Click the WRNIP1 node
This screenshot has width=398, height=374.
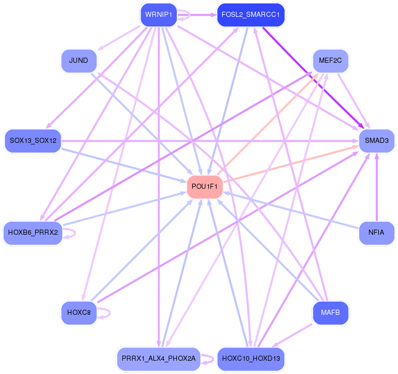click(x=158, y=15)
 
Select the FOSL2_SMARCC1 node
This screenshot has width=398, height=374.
click(x=251, y=15)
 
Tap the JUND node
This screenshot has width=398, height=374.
click(x=79, y=61)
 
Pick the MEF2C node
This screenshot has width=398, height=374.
click(x=331, y=61)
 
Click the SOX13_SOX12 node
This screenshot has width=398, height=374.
click(x=33, y=141)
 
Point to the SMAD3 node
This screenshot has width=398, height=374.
click(x=377, y=141)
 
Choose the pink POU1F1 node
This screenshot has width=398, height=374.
click(x=204, y=187)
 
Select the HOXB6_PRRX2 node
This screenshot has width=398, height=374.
click(x=33, y=233)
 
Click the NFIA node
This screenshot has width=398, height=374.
click(x=377, y=233)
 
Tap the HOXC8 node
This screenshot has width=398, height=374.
click(x=79, y=313)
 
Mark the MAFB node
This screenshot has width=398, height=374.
click(x=331, y=313)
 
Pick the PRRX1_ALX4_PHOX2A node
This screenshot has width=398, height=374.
click(x=158, y=359)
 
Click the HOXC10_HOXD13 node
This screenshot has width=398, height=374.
click(x=251, y=359)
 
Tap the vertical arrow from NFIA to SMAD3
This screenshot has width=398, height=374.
click(x=377, y=187)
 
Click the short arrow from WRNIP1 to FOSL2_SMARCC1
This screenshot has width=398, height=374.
click(x=197, y=15)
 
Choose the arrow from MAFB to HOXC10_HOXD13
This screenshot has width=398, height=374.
click(x=293, y=335)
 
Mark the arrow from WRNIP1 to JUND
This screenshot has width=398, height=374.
click(x=119, y=38)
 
